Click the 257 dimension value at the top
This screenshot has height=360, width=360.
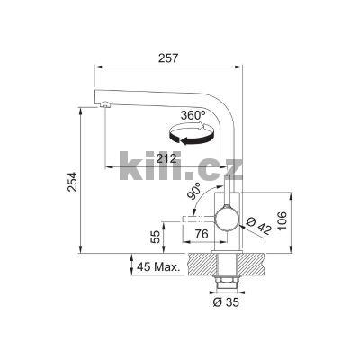166,58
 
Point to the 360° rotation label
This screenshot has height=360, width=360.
193,116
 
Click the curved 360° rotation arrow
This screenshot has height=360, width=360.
193,137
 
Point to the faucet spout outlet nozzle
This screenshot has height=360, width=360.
106,107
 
